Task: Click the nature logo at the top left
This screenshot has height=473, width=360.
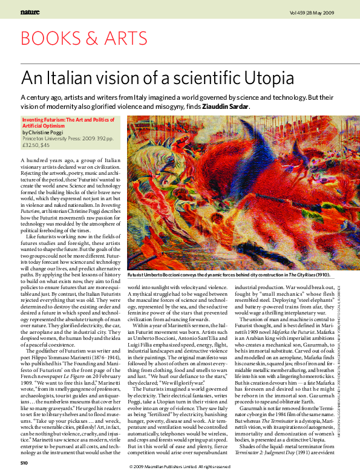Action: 30,11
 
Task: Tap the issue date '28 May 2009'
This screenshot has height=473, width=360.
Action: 322,11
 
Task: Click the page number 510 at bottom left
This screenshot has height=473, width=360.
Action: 24,463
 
